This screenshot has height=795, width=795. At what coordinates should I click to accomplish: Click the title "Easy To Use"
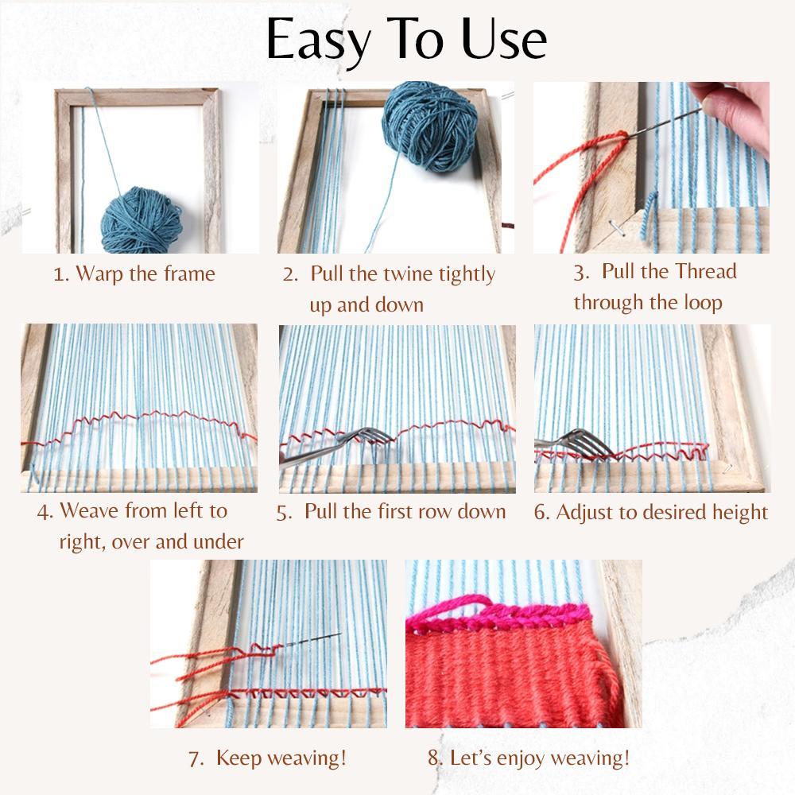[x=405, y=40]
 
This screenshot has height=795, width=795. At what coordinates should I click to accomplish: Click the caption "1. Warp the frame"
[x=134, y=274]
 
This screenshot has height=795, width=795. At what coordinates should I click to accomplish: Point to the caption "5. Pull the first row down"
[x=391, y=511]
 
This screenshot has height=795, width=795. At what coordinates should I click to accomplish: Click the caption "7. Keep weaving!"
[x=267, y=758]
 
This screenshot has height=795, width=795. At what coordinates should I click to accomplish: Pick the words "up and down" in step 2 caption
[x=366, y=305]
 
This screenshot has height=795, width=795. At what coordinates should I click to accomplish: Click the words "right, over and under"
[x=151, y=542]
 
